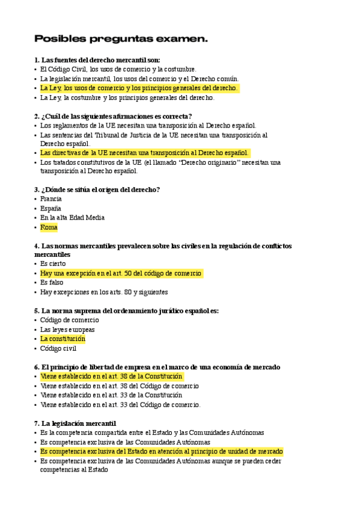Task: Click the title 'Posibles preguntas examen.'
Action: (x=121, y=39)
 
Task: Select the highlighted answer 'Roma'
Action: (x=49, y=227)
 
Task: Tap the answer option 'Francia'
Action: (x=51, y=198)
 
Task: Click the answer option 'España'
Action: (x=50, y=208)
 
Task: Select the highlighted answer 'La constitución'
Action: (x=63, y=339)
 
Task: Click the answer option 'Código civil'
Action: (x=58, y=348)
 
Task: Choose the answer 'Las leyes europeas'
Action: (x=67, y=330)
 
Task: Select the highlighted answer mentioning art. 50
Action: (x=121, y=273)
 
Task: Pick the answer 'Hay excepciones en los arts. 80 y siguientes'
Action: (x=104, y=292)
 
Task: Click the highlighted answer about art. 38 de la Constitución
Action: (x=111, y=376)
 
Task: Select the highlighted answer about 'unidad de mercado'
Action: (x=161, y=451)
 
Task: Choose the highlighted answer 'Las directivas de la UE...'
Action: (x=144, y=153)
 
